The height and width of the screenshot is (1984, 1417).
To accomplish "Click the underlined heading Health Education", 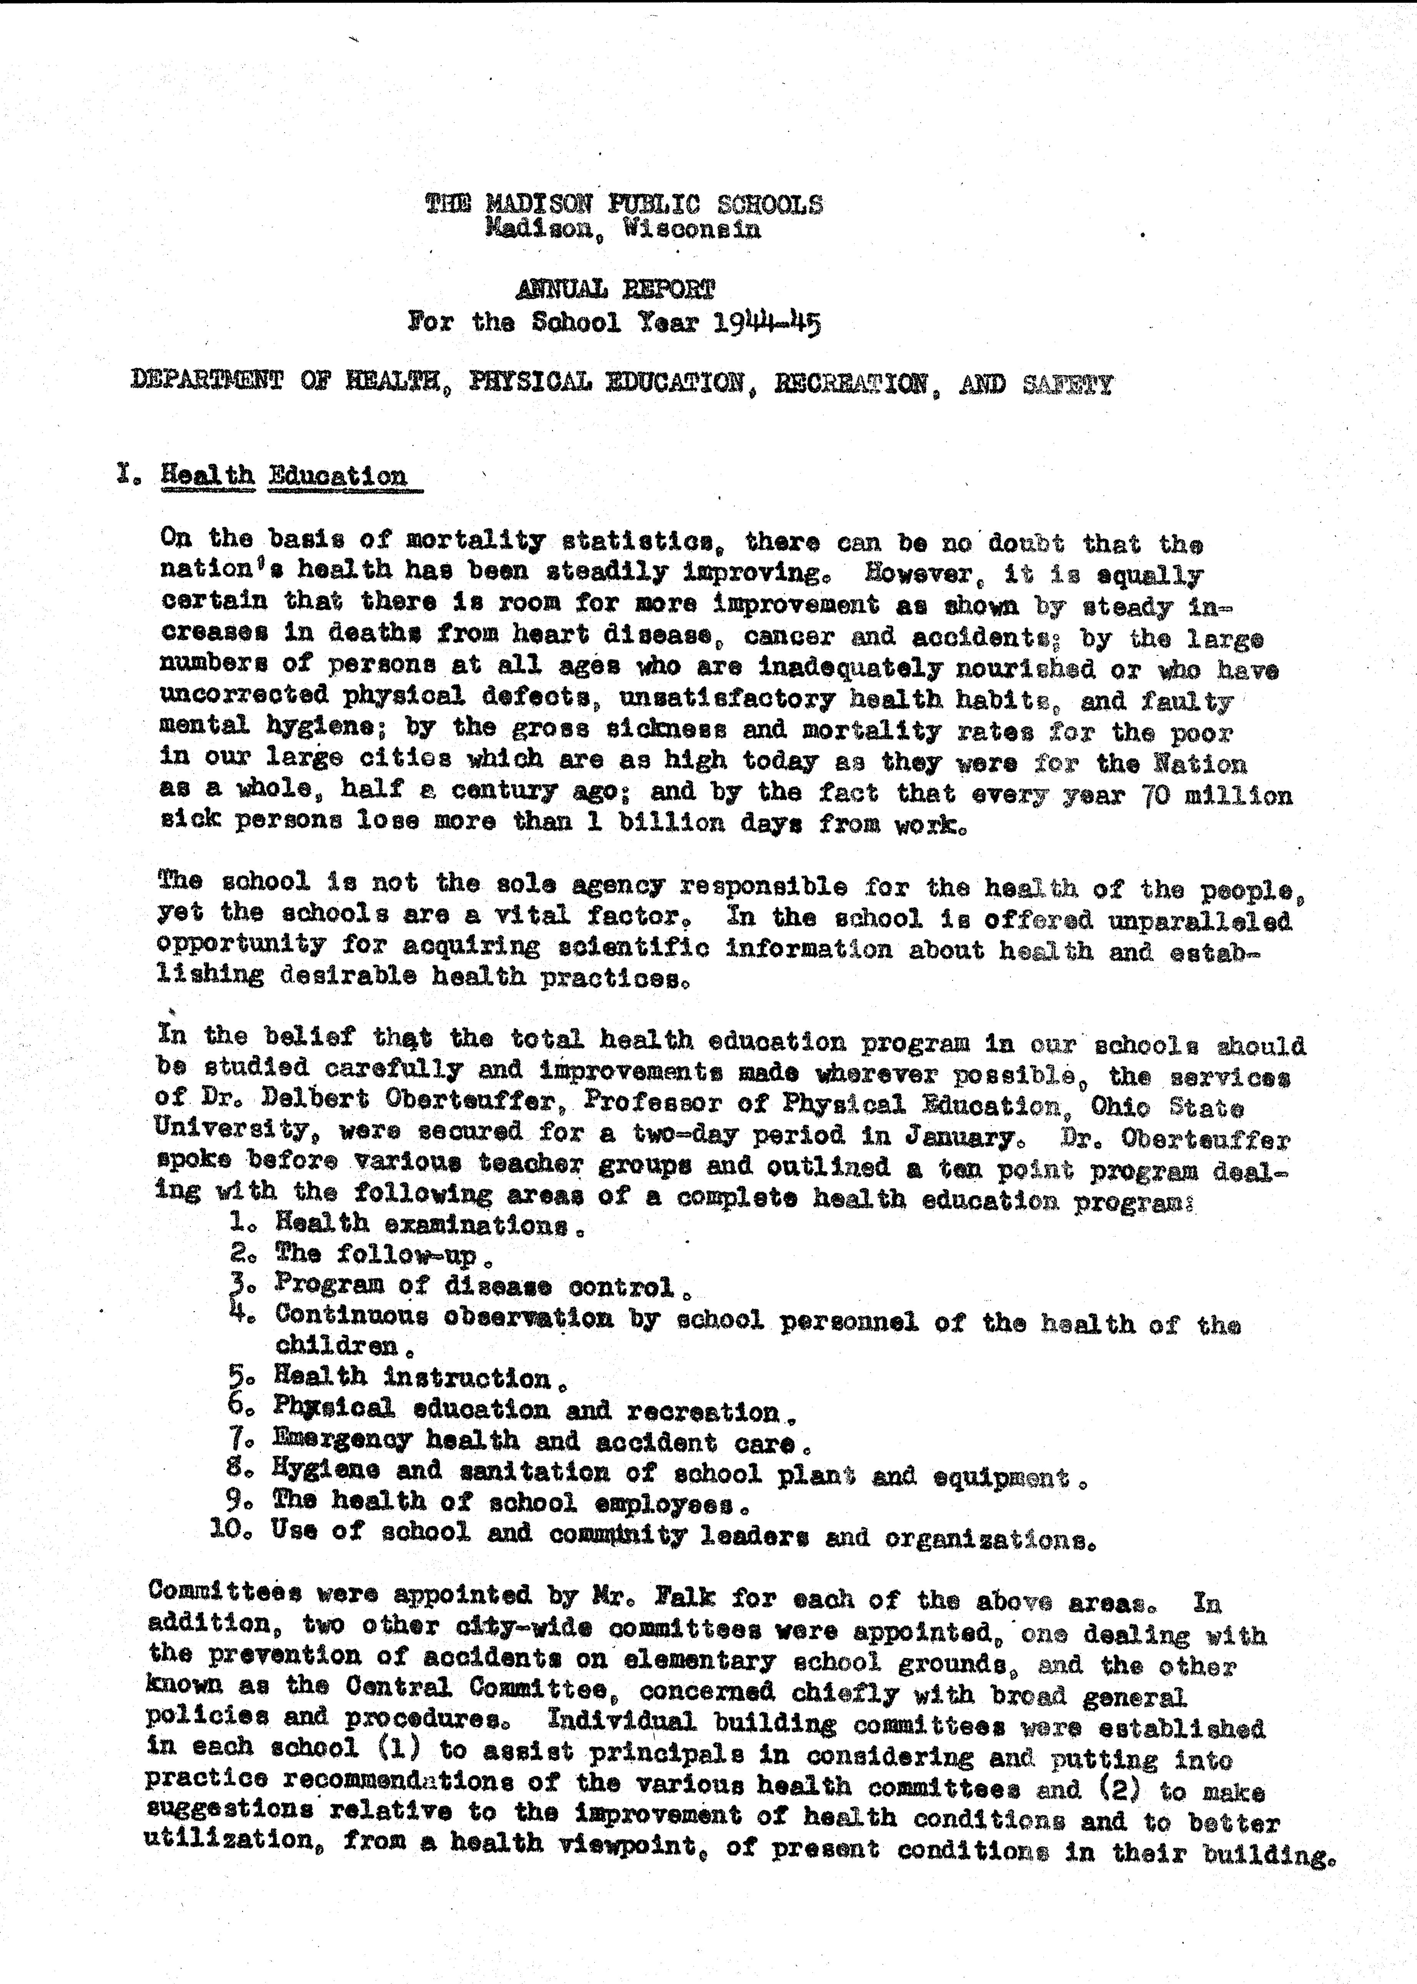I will pos(284,476).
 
